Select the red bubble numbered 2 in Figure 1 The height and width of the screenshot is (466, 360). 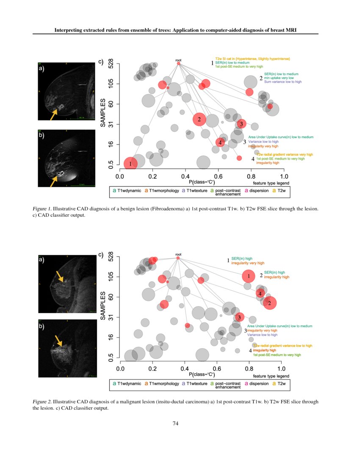pos(199,119)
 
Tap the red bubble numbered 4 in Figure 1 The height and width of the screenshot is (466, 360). pos(220,143)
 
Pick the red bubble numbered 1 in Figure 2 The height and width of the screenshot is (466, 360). pos(249,276)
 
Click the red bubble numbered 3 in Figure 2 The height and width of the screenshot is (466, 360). pos(239,317)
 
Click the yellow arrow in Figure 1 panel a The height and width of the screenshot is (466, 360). pos(54,113)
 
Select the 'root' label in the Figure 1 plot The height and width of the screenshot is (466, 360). pos(178,61)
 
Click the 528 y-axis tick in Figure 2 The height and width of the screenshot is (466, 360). pos(111,256)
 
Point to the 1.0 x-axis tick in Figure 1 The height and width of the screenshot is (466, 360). pos(284,176)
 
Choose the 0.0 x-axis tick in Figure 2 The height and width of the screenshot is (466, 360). pos(120,369)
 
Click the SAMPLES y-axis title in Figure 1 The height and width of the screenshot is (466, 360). pos(103,114)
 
